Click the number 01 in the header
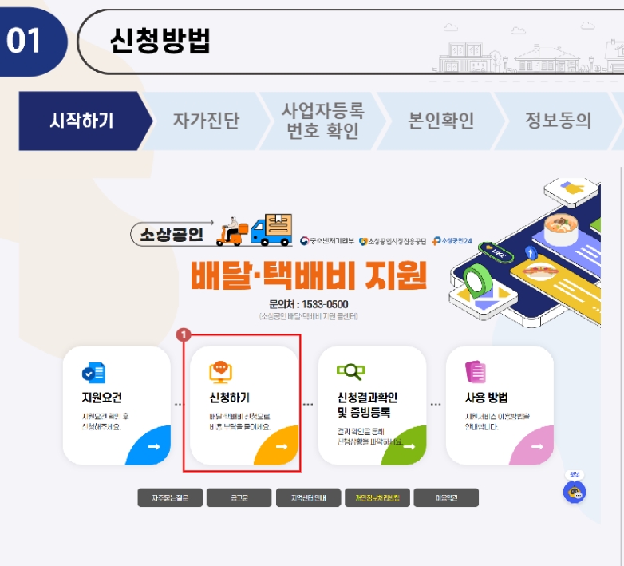tap(25, 41)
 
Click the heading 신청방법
tap(160, 41)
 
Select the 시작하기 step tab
tap(81, 121)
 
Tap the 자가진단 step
tap(206, 121)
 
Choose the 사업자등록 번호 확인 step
tap(322, 121)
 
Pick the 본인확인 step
tap(440, 121)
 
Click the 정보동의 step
tap(558, 121)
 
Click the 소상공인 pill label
tap(172, 234)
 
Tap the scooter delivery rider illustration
tap(233, 231)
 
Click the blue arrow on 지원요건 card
tap(153, 447)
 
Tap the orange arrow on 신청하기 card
tap(281, 447)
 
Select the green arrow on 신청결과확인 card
tap(409, 447)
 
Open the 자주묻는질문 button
tap(168, 498)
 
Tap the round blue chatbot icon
tap(574, 492)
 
